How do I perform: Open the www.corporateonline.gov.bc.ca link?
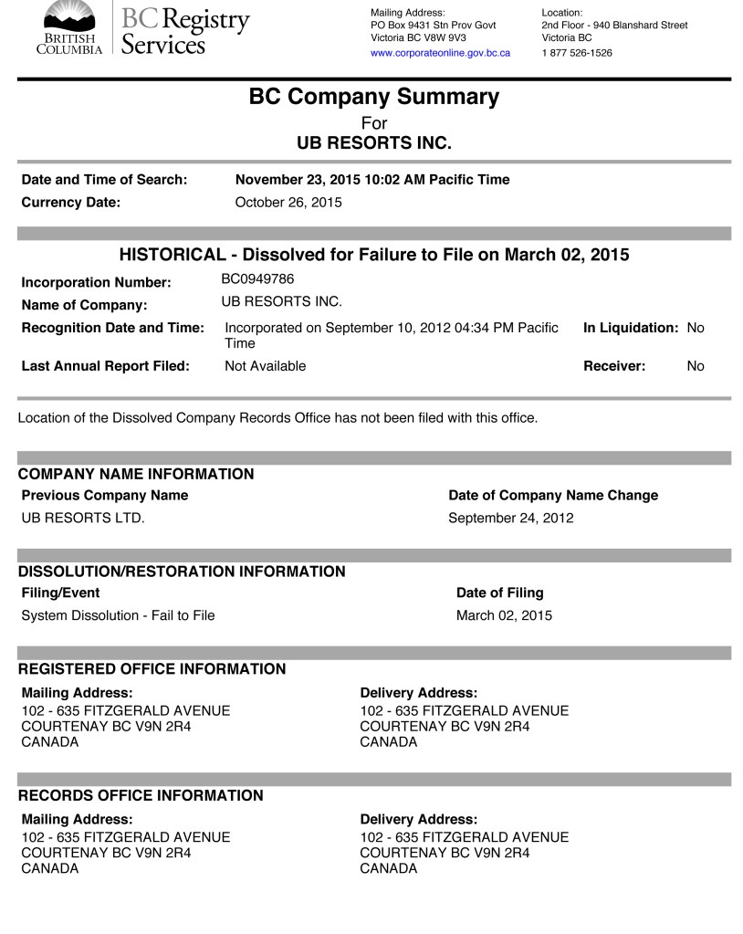tap(440, 53)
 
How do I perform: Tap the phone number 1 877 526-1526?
tap(576, 53)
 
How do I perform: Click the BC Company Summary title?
tap(374, 97)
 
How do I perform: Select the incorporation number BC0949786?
tap(257, 278)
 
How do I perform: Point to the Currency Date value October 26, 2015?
tap(288, 203)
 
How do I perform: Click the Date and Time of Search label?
tap(104, 180)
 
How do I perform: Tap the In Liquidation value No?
tap(696, 328)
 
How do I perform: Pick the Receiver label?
tap(614, 366)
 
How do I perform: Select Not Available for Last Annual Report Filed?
tap(265, 366)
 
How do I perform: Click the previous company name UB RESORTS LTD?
tap(83, 518)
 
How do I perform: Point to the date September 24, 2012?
tap(510, 518)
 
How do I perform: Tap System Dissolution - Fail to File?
tap(118, 615)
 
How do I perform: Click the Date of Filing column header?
tap(499, 593)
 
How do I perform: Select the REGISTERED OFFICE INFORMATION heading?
tap(152, 669)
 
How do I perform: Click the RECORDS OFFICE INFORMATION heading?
tap(141, 795)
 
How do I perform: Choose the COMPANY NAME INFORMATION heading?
tap(136, 474)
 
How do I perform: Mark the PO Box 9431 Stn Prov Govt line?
tap(433, 25)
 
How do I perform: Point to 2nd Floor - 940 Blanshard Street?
tap(614, 25)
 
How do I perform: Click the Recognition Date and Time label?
tap(112, 328)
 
